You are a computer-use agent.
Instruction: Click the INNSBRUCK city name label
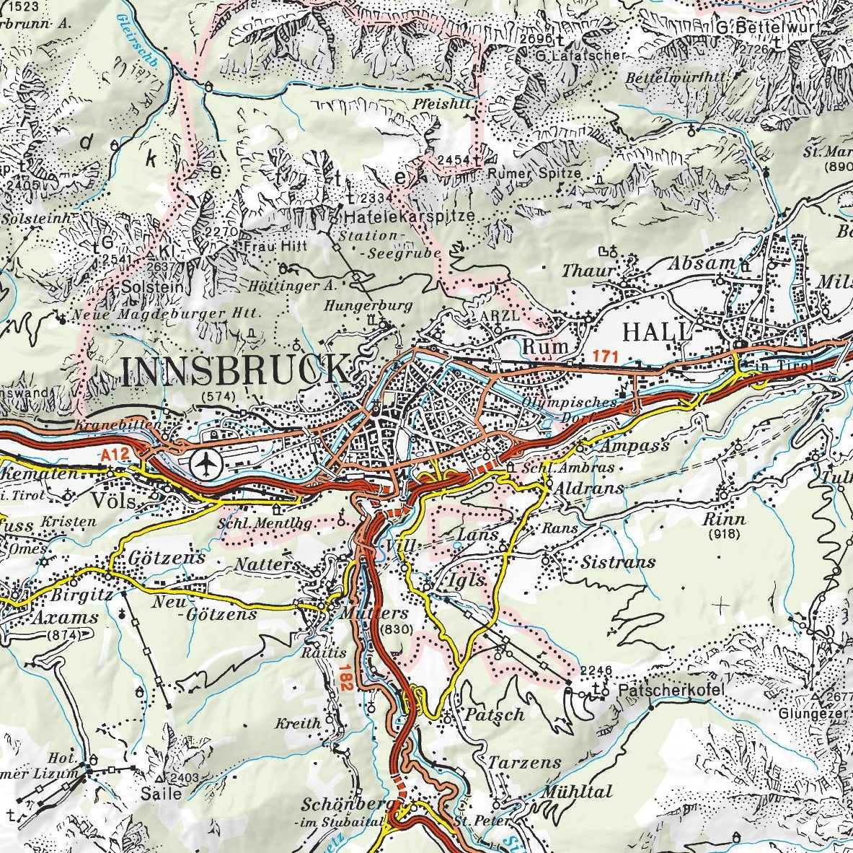point(234,369)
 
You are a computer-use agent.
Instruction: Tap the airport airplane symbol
point(208,463)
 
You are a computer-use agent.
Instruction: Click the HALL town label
point(657,332)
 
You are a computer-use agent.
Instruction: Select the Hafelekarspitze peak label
point(410,215)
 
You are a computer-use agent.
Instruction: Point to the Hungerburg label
point(368,305)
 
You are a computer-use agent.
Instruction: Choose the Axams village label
point(65,618)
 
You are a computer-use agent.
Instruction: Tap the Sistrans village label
point(619,561)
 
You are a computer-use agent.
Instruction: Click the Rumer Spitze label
point(534,173)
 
